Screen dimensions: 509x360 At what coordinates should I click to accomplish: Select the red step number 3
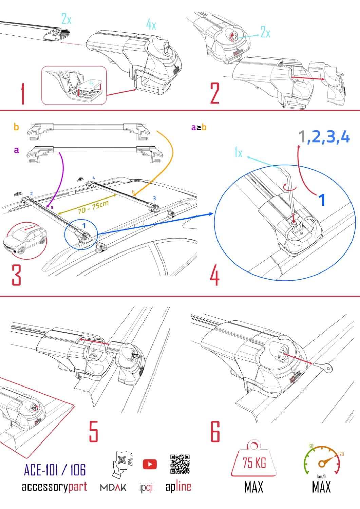(x=16, y=275)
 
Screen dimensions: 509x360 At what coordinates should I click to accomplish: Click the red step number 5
(x=93, y=431)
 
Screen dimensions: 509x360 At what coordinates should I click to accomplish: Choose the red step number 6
(x=215, y=431)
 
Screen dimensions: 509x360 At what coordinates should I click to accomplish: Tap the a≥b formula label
(x=199, y=127)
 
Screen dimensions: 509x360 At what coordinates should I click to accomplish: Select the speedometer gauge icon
(x=321, y=460)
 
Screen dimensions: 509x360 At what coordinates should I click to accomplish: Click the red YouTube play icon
(x=150, y=464)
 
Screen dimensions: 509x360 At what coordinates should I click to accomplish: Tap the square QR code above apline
(x=179, y=464)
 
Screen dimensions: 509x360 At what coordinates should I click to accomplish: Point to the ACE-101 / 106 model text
(x=55, y=470)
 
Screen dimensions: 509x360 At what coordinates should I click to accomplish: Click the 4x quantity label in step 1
(x=151, y=24)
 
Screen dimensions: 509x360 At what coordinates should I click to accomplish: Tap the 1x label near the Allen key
(x=239, y=153)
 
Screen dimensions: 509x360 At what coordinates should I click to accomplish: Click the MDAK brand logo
(x=113, y=487)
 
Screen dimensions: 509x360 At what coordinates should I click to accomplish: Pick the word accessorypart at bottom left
(x=54, y=487)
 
